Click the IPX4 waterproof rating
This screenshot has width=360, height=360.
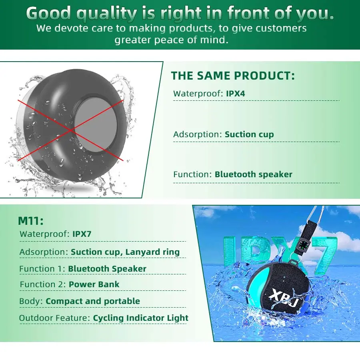tap(235, 94)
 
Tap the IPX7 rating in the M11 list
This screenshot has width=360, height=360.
tap(82, 234)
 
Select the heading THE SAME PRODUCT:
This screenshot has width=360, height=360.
tap(233, 76)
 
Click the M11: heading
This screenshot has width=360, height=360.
tap(30, 221)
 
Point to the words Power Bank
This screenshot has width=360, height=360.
tap(94, 284)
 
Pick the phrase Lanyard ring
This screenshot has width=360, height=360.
tap(152, 252)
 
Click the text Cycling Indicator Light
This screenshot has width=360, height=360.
tap(140, 318)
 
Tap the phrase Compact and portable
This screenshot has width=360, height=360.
tap(93, 301)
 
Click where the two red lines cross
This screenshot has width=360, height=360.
tap(72, 130)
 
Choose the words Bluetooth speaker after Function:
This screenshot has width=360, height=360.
tap(254, 174)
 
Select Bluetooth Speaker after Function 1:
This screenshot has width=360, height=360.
tap(107, 269)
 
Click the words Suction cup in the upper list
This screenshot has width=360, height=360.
tap(249, 134)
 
